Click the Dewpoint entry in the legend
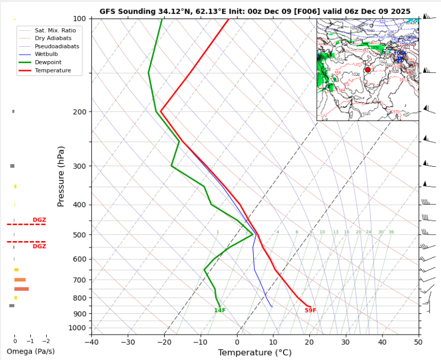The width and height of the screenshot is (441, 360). (51, 63)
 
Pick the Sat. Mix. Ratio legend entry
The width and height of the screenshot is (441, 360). (55, 31)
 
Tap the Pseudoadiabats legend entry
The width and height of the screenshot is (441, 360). (57, 47)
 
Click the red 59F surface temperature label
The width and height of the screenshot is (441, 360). (310, 311)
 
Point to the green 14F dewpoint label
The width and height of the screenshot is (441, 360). (220, 311)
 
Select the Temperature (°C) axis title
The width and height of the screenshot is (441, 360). (255, 352)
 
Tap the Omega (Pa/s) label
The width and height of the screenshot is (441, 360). (30, 352)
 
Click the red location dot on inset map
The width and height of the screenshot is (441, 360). (368, 70)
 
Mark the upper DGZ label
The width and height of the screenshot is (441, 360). (39, 220)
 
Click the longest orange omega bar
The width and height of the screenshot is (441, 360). (22, 289)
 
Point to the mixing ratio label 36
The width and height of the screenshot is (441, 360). (391, 232)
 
